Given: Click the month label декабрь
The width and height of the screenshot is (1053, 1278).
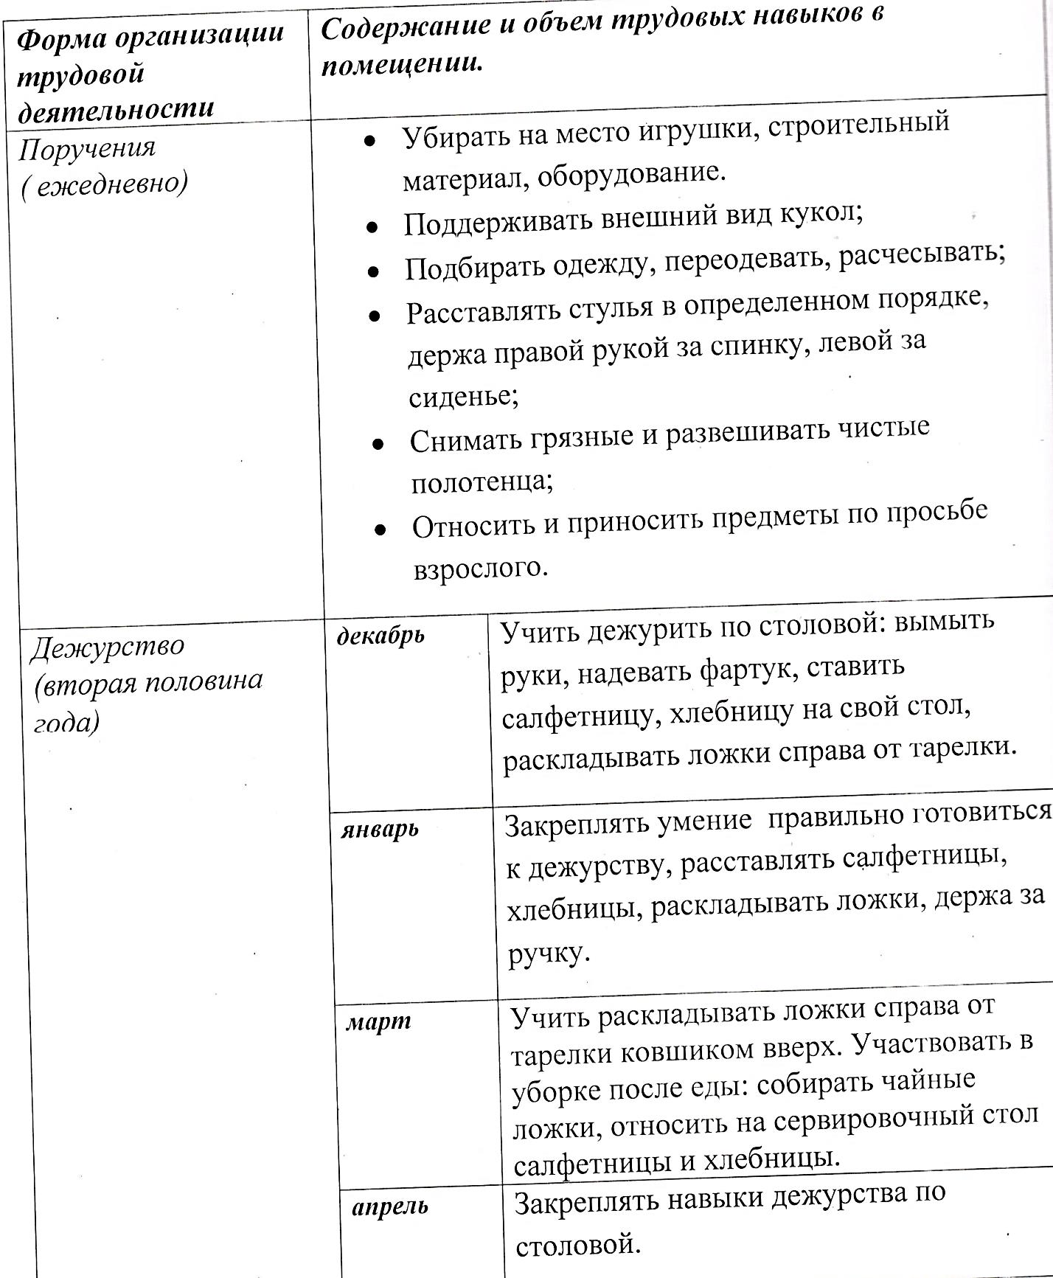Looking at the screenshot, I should click(x=380, y=636).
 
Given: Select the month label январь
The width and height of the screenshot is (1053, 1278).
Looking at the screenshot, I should click(x=379, y=830).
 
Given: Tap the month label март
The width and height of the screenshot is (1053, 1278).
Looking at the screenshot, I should click(x=378, y=1023).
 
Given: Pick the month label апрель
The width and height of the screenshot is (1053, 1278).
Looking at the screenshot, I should click(x=389, y=1207).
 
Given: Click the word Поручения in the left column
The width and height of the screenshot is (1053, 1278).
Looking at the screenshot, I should click(x=87, y=149).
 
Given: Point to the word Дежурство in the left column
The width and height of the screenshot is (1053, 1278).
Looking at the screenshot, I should click(x=108, y=647).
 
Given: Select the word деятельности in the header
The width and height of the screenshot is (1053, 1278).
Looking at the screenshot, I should click(x=115, y=109).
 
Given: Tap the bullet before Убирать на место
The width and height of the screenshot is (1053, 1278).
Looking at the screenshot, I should click(x=370, y=140).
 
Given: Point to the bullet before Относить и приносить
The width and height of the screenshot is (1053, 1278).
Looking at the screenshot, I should click(x=380, y=529).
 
